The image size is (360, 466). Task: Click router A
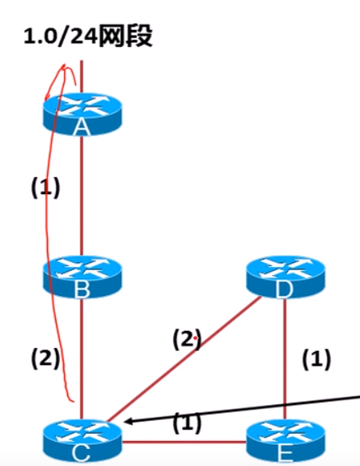point(83,114)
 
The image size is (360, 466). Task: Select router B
point(83,277)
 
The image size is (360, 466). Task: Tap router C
point(83,442)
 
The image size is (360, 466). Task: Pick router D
point(286,277)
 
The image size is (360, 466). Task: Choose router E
point(286,443)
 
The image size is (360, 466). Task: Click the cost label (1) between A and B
point(45,188)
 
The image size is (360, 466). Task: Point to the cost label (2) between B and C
point(45,358)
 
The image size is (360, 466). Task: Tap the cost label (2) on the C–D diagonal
point(187,339)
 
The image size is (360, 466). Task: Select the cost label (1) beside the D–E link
point(316,359)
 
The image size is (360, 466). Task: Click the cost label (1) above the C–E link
point(187,423)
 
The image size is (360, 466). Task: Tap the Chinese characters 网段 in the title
point(125,36)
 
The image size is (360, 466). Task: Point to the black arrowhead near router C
point(127,422)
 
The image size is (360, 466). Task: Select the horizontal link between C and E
point(184,442)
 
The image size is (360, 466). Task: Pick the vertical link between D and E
point(285,359)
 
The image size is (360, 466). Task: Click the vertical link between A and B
point(82,196)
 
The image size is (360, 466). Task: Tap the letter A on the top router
point(82,128)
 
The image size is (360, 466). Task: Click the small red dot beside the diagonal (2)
point(195,338)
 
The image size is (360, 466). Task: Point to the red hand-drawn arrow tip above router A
point(63,65)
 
